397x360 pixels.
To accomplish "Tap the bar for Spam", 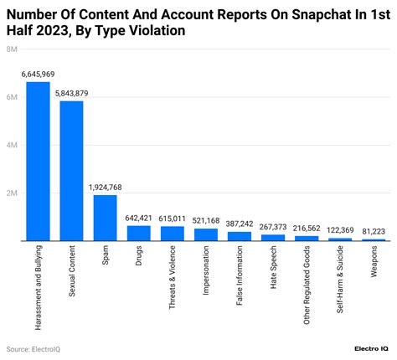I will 105,218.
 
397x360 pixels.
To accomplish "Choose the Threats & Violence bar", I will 173,234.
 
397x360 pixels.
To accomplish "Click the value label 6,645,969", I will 38,75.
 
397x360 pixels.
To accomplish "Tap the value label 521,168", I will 206,221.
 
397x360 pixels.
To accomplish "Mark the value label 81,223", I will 374,232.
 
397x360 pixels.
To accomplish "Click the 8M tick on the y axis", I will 13,49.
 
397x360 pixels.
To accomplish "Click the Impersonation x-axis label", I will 206,275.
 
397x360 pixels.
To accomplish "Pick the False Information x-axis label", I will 240,280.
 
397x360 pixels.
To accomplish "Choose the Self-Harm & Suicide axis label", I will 340,285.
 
